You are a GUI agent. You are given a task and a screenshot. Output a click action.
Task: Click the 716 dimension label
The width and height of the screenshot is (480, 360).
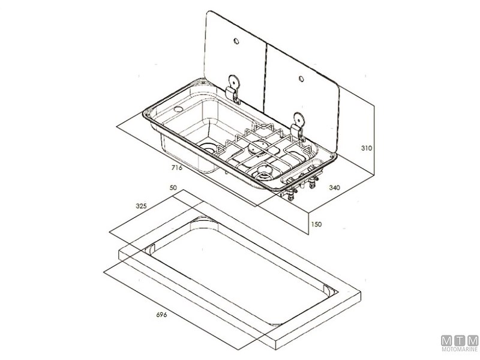176,167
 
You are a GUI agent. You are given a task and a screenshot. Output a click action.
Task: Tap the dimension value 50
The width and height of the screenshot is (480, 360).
173,188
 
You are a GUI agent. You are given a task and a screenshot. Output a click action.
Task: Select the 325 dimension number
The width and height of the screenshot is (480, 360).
141,206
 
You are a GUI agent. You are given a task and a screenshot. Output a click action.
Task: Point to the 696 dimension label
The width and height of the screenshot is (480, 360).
161,314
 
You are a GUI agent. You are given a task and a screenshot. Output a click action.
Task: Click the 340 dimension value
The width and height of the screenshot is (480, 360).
334,187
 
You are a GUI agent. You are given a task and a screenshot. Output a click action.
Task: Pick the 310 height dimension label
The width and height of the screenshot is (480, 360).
367,148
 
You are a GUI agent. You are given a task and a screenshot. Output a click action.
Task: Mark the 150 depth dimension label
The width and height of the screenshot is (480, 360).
316,224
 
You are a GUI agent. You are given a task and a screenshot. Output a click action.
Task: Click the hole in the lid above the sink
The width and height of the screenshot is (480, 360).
236,41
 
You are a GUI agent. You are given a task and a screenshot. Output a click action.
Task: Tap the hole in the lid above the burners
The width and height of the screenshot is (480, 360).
301,79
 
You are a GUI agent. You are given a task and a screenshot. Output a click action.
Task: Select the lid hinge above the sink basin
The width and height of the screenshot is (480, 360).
233,89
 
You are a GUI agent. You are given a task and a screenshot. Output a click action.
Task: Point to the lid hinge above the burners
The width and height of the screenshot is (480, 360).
298,127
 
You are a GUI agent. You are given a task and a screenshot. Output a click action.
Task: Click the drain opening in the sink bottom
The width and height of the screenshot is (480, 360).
208,149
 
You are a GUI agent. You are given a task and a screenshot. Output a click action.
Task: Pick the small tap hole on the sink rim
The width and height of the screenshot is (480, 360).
178,109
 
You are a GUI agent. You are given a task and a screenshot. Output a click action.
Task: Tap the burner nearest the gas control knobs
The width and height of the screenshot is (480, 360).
263,172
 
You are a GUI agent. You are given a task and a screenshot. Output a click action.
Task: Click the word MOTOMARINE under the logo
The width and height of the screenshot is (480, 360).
460,349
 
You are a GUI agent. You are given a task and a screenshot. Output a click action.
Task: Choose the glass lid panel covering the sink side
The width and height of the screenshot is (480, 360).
235,61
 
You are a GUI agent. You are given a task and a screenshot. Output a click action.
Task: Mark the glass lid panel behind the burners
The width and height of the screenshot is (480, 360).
302,98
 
